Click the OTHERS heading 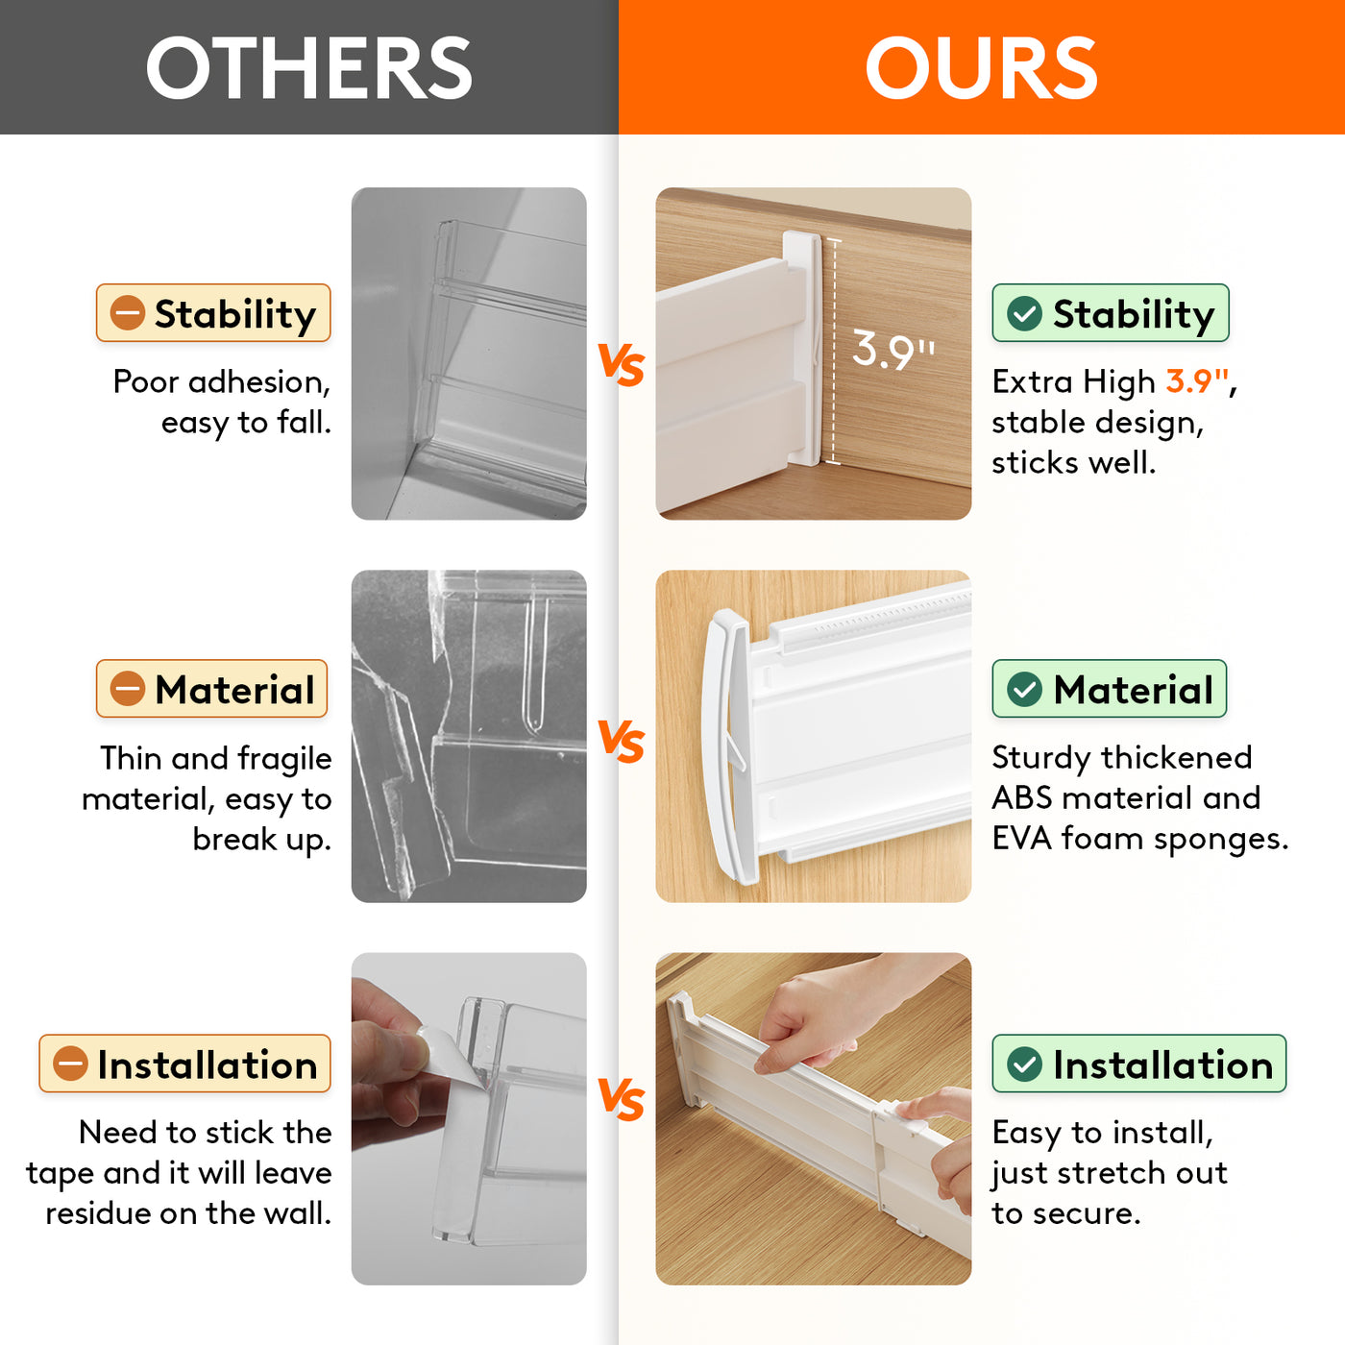309,67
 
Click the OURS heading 981,67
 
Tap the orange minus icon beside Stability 128,312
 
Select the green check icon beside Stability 1025,312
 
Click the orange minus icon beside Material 128,689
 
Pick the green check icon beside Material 1025,689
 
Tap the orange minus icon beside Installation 70,1064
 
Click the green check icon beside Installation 1025,1064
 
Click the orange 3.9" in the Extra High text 1197,381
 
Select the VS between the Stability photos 622,365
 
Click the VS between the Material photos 622,742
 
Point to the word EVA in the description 1021,839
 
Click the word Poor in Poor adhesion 145,381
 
